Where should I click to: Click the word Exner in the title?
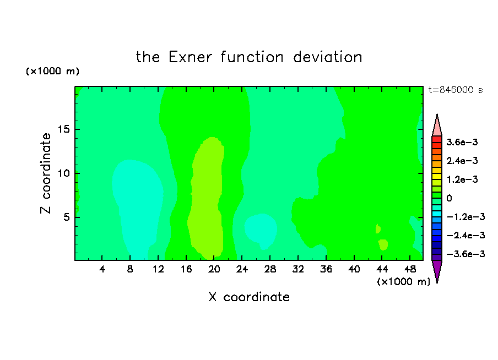pos(190,57)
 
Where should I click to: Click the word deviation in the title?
pos(327,57)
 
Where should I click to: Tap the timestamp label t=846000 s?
pos(456,90)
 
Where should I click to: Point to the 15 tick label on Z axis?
pos(64,129)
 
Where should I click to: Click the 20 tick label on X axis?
pos(214,269)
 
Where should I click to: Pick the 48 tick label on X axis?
pos(410,269)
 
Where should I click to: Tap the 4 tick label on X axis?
pos(102,269)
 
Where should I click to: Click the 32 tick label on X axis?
pos(298,269)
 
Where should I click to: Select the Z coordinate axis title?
pos(46,173)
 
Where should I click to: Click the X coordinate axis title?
pos(249,297)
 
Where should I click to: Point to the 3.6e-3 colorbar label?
pos(462,142)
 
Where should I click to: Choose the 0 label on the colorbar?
pos(449,198)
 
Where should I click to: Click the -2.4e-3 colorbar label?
pos(465,235)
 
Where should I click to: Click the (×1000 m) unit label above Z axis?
pos(52,71)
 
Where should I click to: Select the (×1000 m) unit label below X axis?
pos(403,282)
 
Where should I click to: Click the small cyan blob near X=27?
pos(261,231)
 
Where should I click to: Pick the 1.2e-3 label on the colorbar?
pos(462,179)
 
